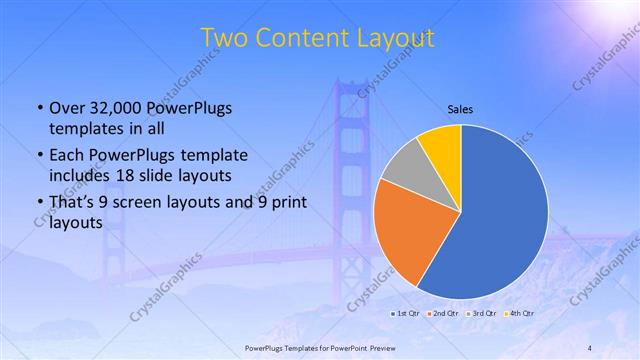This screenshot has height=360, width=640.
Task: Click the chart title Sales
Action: tap(460, 109)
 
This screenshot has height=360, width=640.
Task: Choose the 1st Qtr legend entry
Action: tap(404, 313)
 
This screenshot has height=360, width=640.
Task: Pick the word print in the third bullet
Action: tap(289, 203)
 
